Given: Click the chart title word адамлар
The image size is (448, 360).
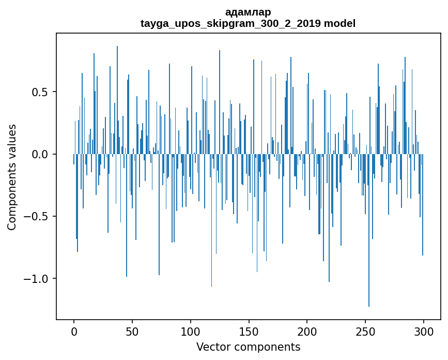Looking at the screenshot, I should [248, 12].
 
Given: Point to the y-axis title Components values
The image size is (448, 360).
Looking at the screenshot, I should [12, 177].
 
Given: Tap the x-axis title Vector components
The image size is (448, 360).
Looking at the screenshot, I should [248, 347].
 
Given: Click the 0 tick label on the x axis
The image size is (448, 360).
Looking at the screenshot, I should [74, 331].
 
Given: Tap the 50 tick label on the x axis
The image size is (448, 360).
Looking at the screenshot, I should [132, 331].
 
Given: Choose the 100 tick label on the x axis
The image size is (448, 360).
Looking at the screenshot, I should [191, 331].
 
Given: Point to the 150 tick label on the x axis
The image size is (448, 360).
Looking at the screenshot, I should [249, 331].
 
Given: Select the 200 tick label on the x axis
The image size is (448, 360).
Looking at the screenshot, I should [307, 331].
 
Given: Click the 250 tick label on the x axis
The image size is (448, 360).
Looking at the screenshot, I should [365, 331].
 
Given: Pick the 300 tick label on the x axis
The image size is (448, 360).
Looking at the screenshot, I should [423, 331].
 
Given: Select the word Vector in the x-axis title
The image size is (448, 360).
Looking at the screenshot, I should [212, 347].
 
